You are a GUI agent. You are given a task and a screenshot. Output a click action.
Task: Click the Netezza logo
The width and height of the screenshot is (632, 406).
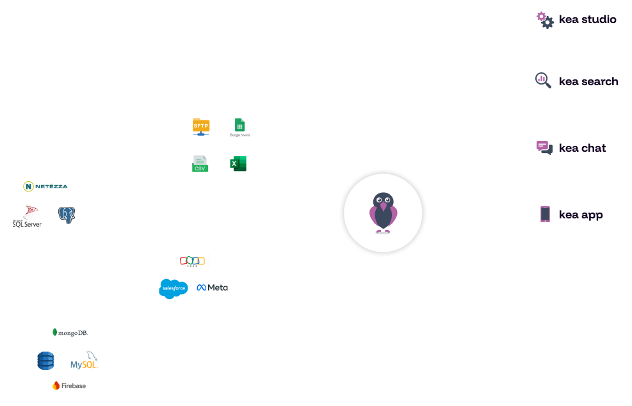point(45,186)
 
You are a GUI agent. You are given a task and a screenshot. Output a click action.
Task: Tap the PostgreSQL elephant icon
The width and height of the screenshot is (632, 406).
point(66,215)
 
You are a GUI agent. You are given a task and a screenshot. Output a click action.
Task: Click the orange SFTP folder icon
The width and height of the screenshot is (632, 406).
point(201,126)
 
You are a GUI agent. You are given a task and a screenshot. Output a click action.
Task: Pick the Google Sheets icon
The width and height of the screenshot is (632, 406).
point(239,127)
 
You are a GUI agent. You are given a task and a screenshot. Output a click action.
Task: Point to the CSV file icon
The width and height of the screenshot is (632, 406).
point(200,164)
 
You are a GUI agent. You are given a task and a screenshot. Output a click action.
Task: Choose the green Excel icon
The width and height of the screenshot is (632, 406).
point(238,164)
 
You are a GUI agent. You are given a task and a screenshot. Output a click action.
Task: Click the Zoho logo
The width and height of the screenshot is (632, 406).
point(192,261)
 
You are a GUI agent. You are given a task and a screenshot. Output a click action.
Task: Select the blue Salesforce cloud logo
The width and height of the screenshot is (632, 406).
point(173,288)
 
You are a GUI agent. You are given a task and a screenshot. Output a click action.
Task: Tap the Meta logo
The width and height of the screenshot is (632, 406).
point(212,288)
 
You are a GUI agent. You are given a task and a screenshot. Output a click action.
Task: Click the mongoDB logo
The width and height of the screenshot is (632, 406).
point(70,332)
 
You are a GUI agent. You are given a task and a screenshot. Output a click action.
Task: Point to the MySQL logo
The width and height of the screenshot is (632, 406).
point(85,362)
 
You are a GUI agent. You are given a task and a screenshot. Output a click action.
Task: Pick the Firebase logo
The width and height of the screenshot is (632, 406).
point(69,386)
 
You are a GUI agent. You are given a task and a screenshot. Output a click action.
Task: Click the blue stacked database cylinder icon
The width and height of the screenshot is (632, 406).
point(45,361)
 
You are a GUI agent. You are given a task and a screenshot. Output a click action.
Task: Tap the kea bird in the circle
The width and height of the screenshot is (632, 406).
point(383,213)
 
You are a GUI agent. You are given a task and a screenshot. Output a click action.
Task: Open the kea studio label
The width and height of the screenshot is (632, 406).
point(587,19)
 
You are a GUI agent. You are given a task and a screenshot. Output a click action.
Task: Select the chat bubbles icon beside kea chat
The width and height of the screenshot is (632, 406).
point(544,148)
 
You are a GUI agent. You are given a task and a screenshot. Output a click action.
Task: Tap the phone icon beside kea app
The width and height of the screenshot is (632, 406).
point(545,214)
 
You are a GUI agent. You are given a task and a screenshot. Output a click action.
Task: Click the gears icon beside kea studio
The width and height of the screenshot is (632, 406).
point(544,19)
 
